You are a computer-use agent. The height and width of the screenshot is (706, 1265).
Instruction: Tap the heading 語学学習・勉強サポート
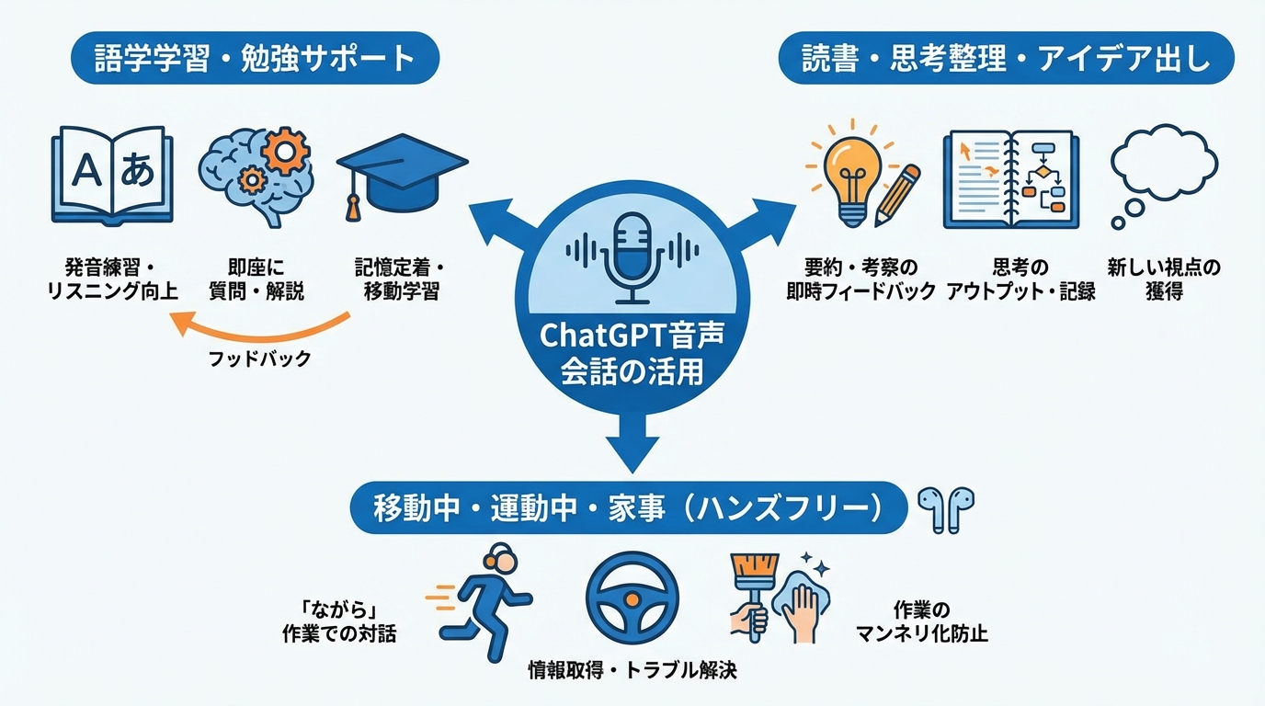pos(256,60)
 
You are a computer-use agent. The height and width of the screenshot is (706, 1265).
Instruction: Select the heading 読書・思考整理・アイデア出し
pos(1006,60)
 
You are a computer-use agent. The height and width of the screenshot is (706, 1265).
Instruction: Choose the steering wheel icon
pos(632,597)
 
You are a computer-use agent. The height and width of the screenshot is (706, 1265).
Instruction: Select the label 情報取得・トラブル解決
pos(632,669)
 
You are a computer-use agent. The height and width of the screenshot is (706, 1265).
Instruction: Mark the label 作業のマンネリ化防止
pos(920,621)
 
